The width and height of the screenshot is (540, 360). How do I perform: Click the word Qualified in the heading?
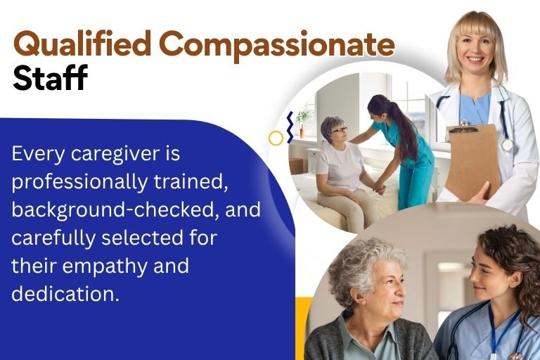82,44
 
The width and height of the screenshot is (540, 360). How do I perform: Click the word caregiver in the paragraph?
114,154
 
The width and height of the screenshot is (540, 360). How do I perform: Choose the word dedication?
65,293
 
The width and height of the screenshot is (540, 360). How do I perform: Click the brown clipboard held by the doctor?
472,161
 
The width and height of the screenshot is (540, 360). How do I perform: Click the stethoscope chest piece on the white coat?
507,145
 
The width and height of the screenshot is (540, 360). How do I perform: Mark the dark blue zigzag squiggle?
290,127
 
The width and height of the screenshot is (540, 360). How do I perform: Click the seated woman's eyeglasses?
340,130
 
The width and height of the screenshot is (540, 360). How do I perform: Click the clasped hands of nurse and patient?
379,188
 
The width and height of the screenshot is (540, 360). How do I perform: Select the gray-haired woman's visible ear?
360,299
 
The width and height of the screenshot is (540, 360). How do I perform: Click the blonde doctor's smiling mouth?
475,59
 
